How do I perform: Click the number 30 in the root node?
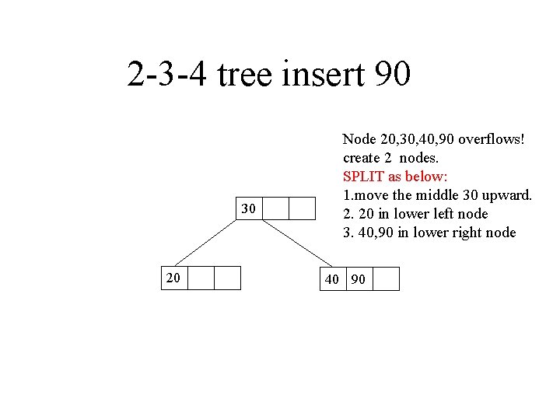(x=249, y=209)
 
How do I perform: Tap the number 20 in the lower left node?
(x=172, y=278)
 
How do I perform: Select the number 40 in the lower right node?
(x=332, y=279)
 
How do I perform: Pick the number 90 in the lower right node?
(x=358, y=279)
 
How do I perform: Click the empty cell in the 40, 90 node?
(x=386, y=278)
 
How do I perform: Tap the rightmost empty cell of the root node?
(x=302, y=209)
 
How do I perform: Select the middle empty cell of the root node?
(x=277, y=209)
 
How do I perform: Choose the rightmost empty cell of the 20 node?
(x=226, y=278)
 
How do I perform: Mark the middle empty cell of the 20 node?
(x=201, y=278)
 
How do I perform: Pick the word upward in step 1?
(x=509, y=195)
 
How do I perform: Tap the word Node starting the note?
(x=359, y=140)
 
